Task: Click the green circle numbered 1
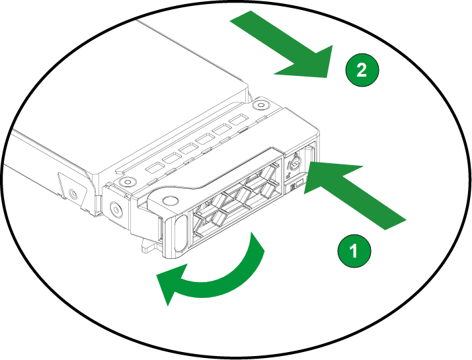click(x=354, y=251)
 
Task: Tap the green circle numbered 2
click(x=362, y=70)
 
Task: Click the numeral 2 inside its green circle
click(x=362, y=70)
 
